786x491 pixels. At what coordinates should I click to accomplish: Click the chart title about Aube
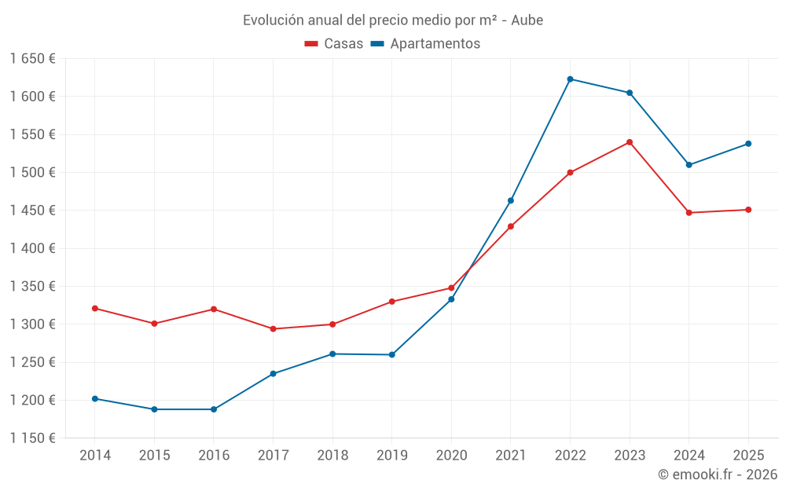393,20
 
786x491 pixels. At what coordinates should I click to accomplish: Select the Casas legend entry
334,44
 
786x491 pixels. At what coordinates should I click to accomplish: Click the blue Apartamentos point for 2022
570,79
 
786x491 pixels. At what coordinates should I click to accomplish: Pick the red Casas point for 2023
630,142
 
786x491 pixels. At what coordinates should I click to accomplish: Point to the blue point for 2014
95,399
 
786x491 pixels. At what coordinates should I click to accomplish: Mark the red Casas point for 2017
273,329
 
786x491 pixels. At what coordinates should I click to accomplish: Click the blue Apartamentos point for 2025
748,144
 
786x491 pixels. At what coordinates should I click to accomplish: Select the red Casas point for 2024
689,213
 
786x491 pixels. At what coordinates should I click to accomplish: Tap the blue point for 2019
392,355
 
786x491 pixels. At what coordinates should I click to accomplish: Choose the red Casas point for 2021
511,226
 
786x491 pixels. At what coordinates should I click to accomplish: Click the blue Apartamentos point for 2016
214,409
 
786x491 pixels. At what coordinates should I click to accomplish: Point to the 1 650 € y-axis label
32,59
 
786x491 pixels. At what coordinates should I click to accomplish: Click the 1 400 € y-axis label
32,248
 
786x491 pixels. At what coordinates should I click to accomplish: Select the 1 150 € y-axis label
32,438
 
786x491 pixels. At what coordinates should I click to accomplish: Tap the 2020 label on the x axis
451,456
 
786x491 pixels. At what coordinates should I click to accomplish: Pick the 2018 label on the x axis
332,456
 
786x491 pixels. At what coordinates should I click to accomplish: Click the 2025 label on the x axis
748,456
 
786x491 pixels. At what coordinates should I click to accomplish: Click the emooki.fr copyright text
718,475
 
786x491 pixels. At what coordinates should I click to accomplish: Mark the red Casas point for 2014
95,309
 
